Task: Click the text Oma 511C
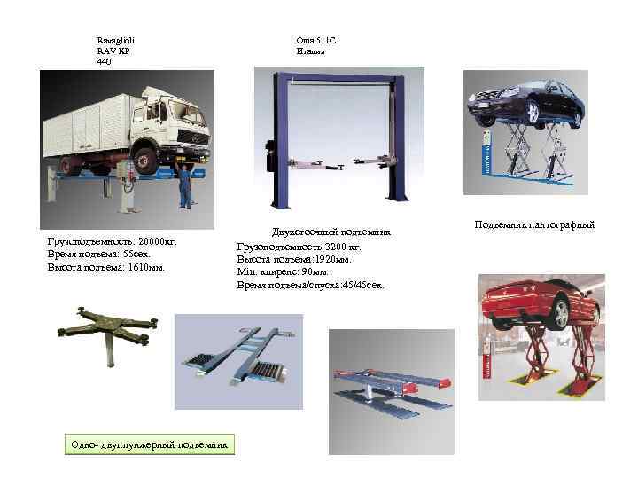[316, 40]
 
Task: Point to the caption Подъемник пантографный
[534, 225]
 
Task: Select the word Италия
[311, 51]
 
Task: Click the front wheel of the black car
[533, 112]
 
